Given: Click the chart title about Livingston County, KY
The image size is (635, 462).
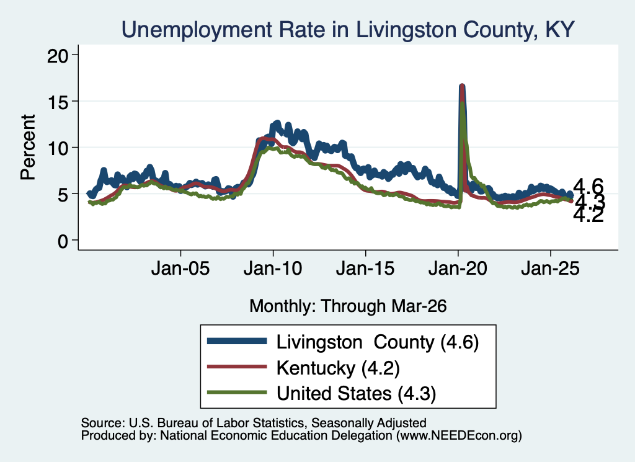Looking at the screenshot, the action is coord(348,29).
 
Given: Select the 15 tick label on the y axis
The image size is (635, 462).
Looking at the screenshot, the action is coord(58,101).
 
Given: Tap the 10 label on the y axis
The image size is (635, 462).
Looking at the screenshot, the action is coord(58,148).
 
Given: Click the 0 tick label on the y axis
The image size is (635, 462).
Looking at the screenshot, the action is coord(63,241).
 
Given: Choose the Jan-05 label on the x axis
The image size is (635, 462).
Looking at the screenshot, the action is coord(180,268).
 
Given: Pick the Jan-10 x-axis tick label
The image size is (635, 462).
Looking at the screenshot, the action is coord(273,268).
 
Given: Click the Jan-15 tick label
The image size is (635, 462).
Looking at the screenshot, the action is coord(365,268).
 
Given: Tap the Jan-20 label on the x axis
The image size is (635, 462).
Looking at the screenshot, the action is coord(458,268).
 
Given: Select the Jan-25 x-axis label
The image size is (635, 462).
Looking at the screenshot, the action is coord(551,268).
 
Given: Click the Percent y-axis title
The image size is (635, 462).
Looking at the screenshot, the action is coord(28,147).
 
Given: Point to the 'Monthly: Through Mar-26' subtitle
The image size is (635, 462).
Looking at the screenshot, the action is coord(348,306).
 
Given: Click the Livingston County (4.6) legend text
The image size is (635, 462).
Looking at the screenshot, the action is coord(378,342).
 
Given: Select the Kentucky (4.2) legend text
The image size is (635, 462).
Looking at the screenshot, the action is coord(338,368).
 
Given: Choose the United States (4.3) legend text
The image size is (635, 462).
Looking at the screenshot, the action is coord(357,393).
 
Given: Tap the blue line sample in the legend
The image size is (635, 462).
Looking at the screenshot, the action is coord(237,341).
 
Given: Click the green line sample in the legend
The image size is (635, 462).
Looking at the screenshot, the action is coord(237,392).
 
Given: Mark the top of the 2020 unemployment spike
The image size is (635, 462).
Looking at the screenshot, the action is coord(461,86).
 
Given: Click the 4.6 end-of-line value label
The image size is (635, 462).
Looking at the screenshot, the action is coord(588,187).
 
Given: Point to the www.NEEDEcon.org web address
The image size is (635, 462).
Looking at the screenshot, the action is coord(459,436).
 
